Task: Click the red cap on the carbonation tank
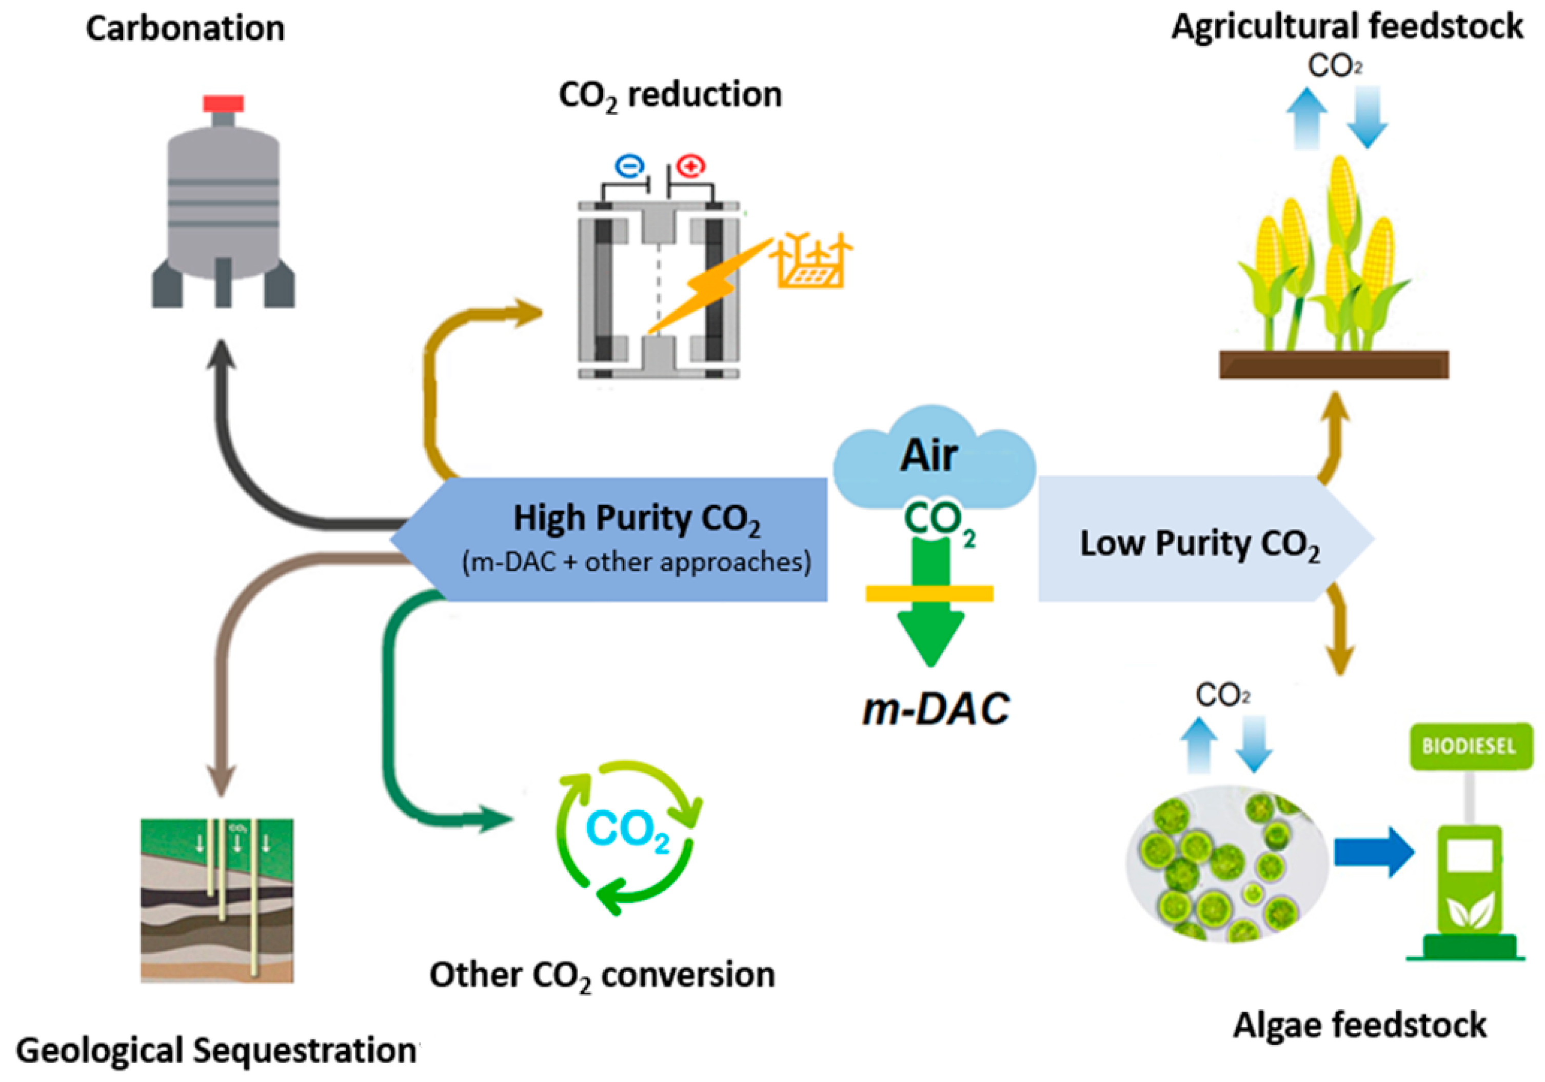pyautogui.click(x=224, y=104)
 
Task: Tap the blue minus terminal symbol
pyautogui.click(x=629, y=166)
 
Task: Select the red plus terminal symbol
pyautogui.click(x=690, y=166)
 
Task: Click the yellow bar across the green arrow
pyautogui.click(x=929, y=593)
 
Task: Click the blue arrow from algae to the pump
pyautogui.click(x=1373, y=852)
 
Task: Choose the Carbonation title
pyautogui.click(x=185, y=29)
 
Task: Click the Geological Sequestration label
pyautogui.click(x=215, y=1050)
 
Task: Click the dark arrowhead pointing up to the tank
pyautogui.click(x=222, y=355)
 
